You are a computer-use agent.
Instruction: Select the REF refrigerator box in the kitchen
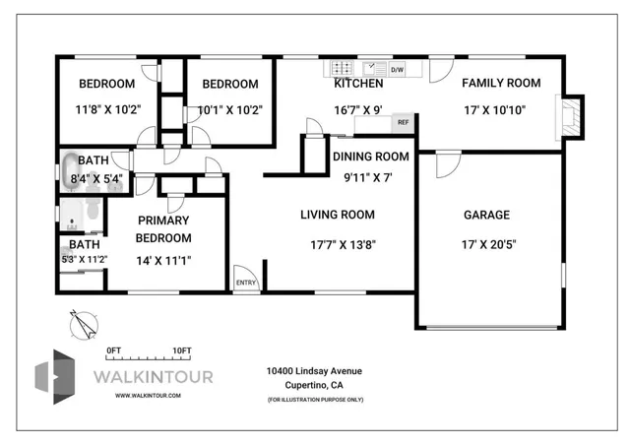[403, 123]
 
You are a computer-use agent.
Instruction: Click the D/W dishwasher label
[398, 70]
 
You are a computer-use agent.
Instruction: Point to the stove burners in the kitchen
[342, 69]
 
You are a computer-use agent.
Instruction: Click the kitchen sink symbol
[374, 69]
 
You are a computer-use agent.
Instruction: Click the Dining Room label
[370, 157]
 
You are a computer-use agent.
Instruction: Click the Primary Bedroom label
[163, 228]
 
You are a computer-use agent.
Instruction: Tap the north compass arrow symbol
[84, 321]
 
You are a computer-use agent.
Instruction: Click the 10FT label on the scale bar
[181, 350]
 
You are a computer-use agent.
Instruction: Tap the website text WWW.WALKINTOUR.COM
[148, 395]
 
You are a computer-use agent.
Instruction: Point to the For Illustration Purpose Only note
[314, 399]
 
